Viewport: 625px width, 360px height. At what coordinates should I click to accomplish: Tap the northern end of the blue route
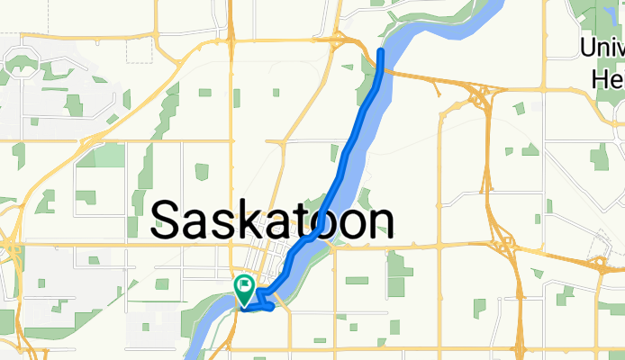[x=381, y=52]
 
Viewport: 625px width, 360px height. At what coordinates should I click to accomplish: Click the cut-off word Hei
[x=609, y=79]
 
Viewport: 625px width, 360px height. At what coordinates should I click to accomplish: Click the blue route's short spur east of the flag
[x=268, y=302]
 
